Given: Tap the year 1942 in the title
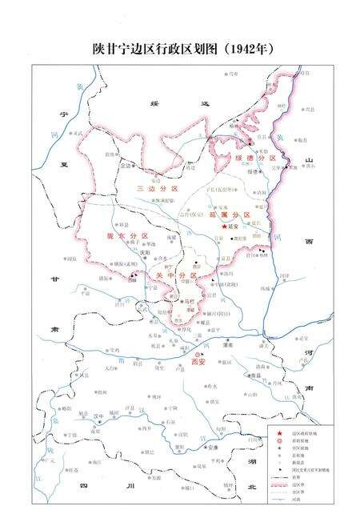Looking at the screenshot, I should [x=254, y=49].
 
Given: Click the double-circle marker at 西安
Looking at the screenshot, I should [x=198, y=353].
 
